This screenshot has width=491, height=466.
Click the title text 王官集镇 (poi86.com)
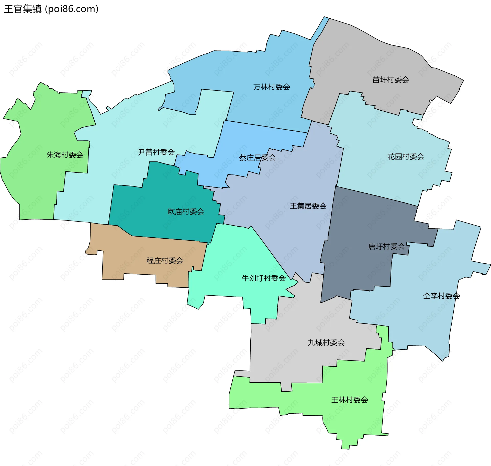(51, 9)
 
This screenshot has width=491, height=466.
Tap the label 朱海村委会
(65, 155)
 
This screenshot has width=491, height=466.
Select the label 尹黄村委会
(156, 152)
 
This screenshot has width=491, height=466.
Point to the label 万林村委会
(272, 87)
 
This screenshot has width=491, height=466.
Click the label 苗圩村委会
(391, 80)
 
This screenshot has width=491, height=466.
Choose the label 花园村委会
(406, 157)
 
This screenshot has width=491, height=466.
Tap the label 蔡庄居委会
(257, 158)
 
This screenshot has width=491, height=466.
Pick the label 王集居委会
(308, 206)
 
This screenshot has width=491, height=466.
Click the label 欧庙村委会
(186, 212)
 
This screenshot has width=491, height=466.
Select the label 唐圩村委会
(386, 247)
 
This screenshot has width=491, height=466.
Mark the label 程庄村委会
(165, 261)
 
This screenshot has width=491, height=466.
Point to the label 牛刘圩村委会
(264, 278)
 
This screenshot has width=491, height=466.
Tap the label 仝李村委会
(441, 296)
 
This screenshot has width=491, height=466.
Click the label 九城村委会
(326, 343)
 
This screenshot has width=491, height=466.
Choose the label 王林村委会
(350, 400)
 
